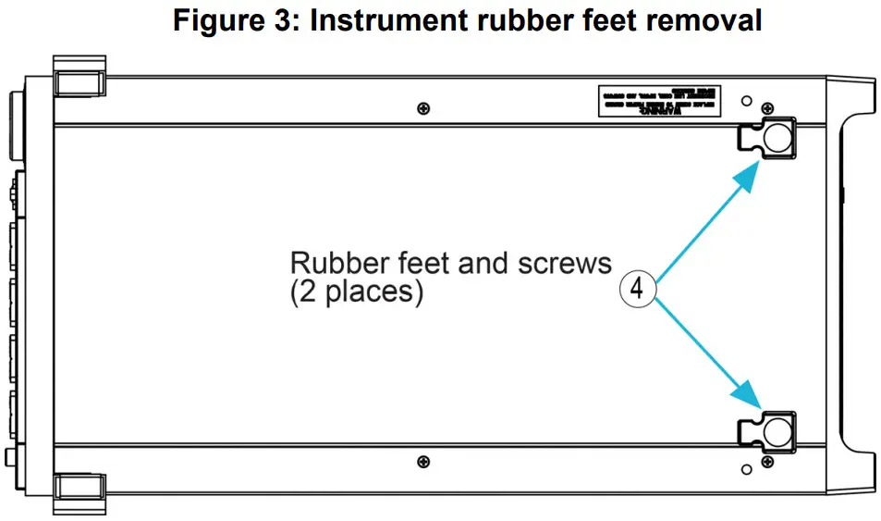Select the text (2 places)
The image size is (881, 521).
click(357, 293)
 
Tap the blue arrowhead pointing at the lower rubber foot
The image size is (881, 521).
click(751, 396)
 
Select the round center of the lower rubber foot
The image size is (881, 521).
click(777, 430)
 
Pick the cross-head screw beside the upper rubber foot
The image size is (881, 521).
click(766, 108)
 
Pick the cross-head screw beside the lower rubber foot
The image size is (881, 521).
click(766, 460)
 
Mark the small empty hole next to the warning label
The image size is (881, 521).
click(747, 99)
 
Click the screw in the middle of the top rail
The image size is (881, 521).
click(423, 109)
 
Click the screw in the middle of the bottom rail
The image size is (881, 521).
click(423, 461)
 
